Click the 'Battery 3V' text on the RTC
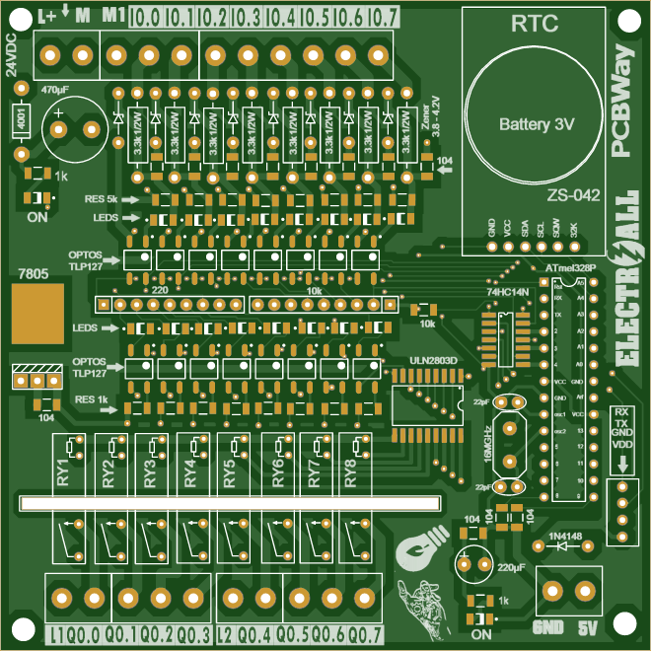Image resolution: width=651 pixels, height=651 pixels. (536, 125)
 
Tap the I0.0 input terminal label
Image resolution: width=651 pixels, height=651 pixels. (145, 17)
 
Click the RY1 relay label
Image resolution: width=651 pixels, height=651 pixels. (65, 470)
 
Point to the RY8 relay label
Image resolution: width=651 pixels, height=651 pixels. (350, 470)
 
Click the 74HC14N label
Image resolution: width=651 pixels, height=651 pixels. (507, 293)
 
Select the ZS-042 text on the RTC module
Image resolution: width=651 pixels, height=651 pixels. (573, 195)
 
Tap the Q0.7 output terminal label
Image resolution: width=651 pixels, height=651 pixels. (365, 633)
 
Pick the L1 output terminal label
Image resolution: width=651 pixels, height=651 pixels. (57, 633)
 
